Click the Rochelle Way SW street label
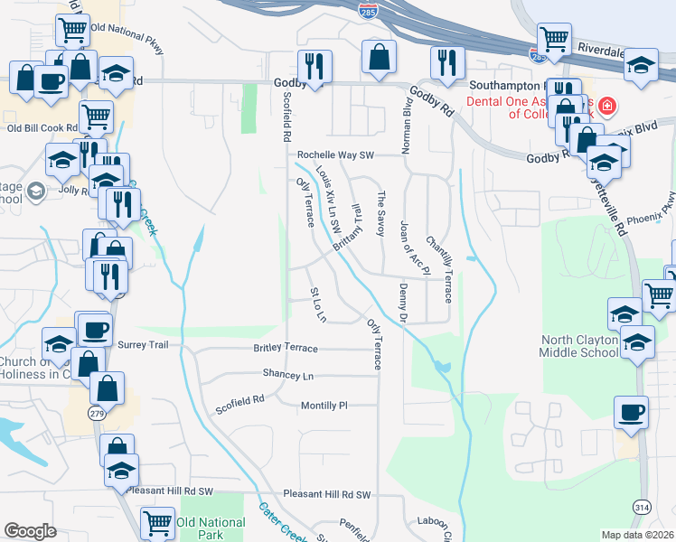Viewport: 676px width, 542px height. (335, 154)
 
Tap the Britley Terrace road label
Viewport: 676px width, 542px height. (285, 349)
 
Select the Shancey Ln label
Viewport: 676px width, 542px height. (287, 374)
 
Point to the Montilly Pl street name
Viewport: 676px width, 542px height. (324, 406)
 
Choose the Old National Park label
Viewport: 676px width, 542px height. (211, 528)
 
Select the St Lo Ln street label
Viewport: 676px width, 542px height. (317, 304)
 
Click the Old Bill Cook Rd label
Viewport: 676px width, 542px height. (38, 128)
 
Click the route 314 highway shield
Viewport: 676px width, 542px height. (641, 508)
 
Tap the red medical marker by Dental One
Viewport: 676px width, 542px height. (606, 107)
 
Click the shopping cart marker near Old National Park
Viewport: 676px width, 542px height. (158, 521)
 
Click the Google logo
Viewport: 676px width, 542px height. (30, 531)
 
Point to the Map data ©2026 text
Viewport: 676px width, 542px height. (637, 535)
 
